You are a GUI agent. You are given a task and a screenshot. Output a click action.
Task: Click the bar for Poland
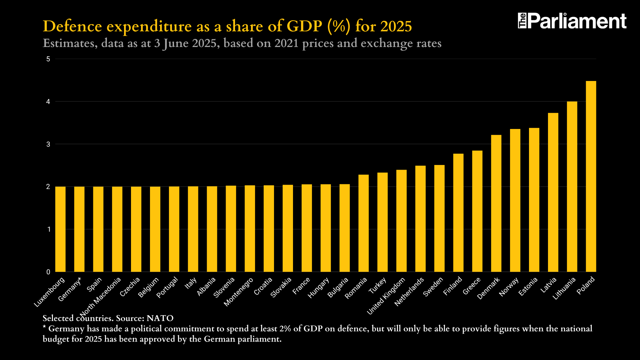[x=591, y=177]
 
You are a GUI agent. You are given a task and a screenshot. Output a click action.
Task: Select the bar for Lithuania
[x=572, y=187]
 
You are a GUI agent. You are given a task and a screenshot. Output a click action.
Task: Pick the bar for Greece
[x=477, y=211]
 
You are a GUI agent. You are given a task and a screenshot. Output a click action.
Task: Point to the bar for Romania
[x=363, y=223]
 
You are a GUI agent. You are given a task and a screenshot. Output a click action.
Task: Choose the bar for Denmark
[x=496, y=203]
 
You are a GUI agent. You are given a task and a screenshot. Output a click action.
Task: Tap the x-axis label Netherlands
[x=409, y=292]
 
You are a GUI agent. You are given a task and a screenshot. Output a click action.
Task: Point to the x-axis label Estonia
[x=528, y=286]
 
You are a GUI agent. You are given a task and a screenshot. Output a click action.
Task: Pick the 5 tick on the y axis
[x=48, y=59]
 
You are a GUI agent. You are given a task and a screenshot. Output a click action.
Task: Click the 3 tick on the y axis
[x=48, y=144]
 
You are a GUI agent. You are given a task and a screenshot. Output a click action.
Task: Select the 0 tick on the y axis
[x=48, y=272]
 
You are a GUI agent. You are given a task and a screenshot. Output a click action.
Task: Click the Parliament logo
[x=572, y=21]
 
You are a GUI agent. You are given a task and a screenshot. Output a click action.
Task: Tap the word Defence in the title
[x=72, y=26]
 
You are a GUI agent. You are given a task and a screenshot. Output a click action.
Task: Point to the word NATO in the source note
[x=160, y=318]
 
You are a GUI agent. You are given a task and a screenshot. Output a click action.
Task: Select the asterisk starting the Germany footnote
[x=44, y=327]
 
